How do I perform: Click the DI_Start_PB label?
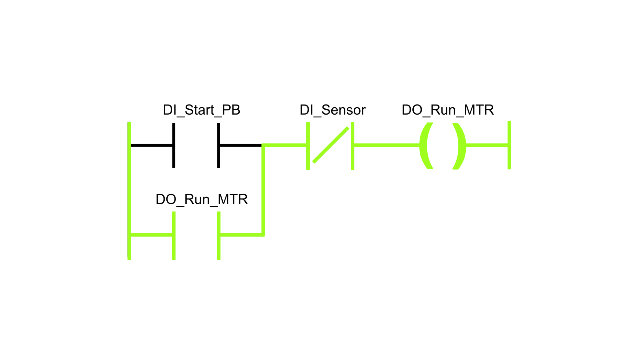coord(201,110)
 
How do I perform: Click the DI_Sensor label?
coord(333,110)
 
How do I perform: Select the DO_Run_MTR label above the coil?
coord(448,110)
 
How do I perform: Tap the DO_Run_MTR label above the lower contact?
coord(201,199)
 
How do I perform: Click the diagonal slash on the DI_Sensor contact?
coord(330,145)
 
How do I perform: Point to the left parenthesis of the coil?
coord(426,145)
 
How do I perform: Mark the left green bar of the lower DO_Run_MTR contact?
coord(174,235)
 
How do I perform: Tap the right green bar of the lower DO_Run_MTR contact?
coord(218,235)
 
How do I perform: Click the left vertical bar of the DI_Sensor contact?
coord(308,145)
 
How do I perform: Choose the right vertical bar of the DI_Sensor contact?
coord(352,145)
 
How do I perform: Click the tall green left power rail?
coord(129,190)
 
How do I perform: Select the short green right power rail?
coord(509,145)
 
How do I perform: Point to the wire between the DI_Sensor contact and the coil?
coord(385,145)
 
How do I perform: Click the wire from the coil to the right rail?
coord(487,145)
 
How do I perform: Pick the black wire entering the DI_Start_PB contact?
coord(152,145)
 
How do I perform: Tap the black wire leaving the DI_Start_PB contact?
coord(239,145)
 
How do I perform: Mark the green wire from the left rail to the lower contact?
coord(152,234)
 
